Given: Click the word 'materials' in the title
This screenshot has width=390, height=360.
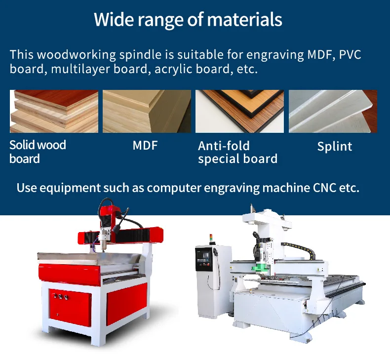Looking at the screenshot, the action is click(245, 19).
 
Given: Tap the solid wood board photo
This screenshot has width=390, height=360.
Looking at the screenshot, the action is click(54, 111).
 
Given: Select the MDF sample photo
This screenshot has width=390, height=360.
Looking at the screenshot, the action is click(147, 111).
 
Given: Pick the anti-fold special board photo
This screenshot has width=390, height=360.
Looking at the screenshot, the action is click(239, 111).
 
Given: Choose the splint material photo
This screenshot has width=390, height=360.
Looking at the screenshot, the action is click(333, 111).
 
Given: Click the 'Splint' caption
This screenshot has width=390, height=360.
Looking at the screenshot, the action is click(335, 146).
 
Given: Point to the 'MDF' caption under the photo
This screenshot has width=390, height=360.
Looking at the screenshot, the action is click(145, 146).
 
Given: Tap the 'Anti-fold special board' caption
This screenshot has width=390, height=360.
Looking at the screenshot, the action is click(237, 152).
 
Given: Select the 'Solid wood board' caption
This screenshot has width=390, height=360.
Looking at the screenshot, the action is click(38, 152).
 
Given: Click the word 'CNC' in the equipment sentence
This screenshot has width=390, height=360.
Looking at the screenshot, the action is click(324, 188).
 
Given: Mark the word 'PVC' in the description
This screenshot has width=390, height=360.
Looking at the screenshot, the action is click(350, 55).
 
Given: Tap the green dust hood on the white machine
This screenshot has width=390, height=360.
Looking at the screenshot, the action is click(261, 268).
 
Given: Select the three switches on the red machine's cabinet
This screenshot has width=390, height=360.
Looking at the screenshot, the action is click(60, 296).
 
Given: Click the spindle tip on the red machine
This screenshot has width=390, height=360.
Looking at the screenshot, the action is click(102, 250).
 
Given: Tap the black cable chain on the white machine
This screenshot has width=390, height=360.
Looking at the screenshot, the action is click(299, 249).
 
